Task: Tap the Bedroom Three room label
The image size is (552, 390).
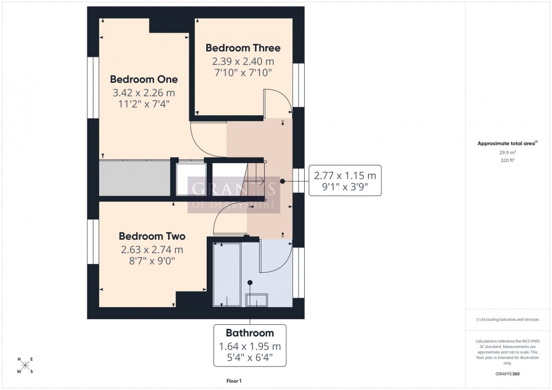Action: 243,48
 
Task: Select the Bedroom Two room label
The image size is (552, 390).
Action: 152,236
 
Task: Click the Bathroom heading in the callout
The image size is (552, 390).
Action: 250,333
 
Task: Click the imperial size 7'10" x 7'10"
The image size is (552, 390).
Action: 243,72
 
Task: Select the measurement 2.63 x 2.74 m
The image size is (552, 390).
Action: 152,250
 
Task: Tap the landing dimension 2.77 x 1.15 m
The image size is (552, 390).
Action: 345,176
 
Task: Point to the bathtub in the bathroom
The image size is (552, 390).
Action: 226,275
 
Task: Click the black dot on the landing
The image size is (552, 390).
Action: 282,182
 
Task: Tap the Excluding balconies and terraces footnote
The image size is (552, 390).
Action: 508,319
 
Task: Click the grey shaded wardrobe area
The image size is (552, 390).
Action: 135,178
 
